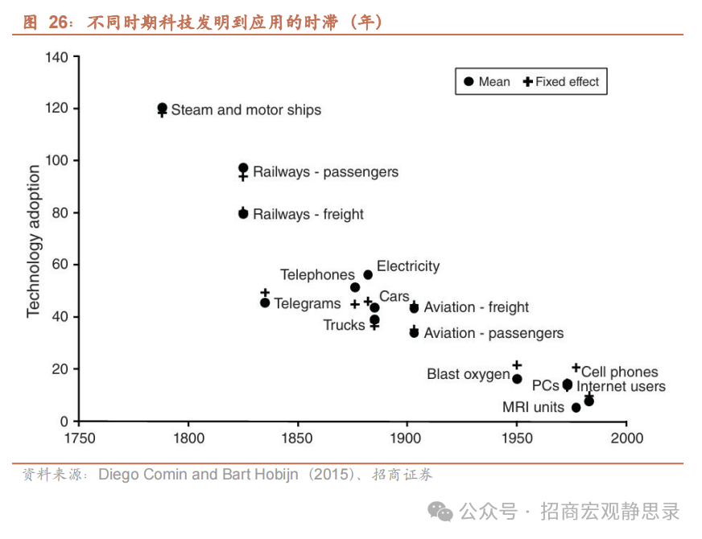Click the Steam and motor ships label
(x=246, y=110)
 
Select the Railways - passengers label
(x=325, y=172)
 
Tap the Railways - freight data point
(x=243, y=213)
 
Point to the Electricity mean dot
(x=368, y=274)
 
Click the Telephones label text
(x=317, y=275)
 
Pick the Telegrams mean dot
(x=265, y=302)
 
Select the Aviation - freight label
(x=476, y=307)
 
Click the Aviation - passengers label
(x=493, y=333)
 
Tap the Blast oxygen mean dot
(x=517, y=379)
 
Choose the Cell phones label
(x=619, y=372)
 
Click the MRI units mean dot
(x=576, y=408)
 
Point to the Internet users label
(x=621, y=387)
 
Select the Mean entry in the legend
(x=487, y=82)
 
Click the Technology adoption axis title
(x=34, y=241)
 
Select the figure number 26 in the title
(x=58, y=23)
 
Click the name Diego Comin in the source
(x=142, y=475)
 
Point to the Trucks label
(x=344, y=325)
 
